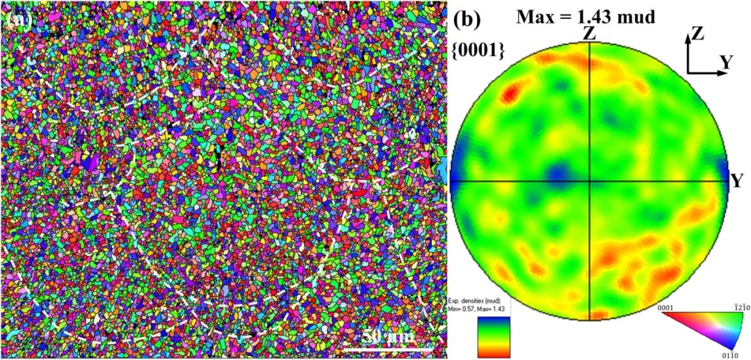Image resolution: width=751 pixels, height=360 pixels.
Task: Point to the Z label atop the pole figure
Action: tap(589, 33)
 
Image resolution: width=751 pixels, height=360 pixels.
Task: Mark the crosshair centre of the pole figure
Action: tap(590, 182)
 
